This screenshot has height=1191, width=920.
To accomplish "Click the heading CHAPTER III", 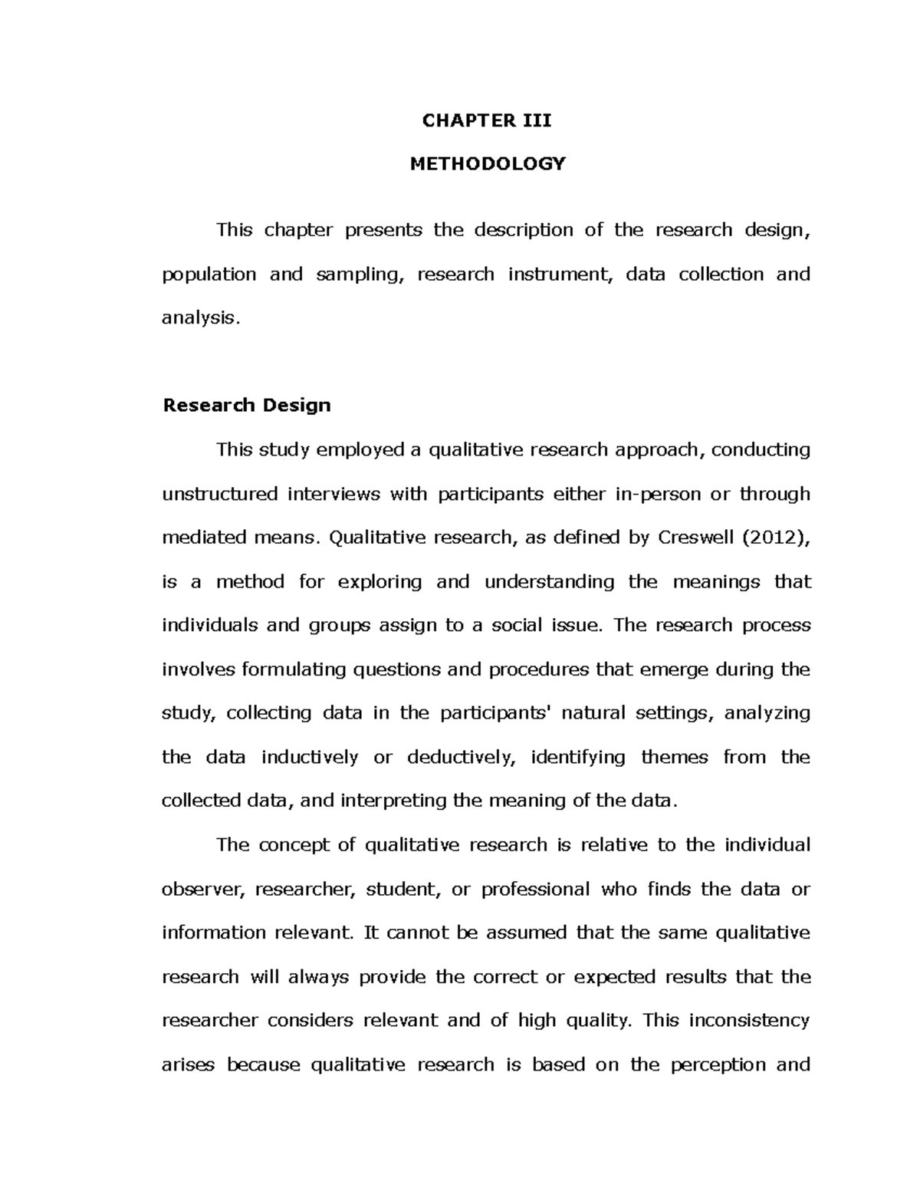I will [x=487, y=120].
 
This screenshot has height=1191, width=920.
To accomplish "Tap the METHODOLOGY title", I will [x=487, y=164].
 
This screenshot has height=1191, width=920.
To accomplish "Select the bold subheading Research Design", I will [x=246, y=406].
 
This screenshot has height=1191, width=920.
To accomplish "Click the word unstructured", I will [x=219, y=494].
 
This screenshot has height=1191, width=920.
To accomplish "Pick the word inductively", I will [x=309, y=758].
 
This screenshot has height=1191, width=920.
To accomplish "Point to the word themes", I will [x=672, y=758].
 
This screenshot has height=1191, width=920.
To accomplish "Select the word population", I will [x=209, y=275].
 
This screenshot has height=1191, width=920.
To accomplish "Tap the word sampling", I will [x=360, y=275].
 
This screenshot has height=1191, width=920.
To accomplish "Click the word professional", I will [x=535, y=890].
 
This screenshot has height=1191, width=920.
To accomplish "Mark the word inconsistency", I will [x=749, y=1021].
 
